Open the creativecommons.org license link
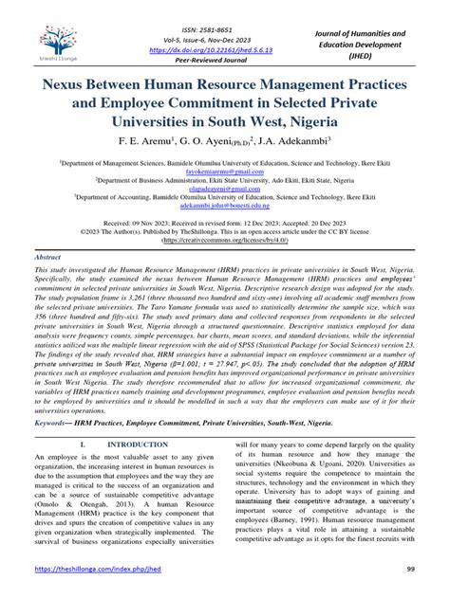(225, 267)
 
